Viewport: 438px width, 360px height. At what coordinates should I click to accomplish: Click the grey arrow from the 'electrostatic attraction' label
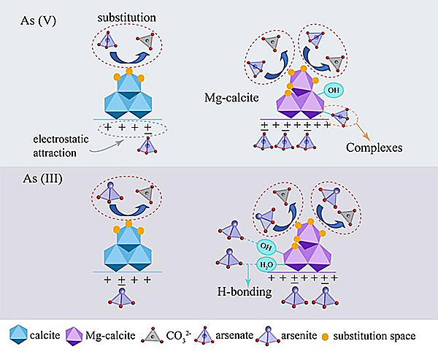tap(109, 146)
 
